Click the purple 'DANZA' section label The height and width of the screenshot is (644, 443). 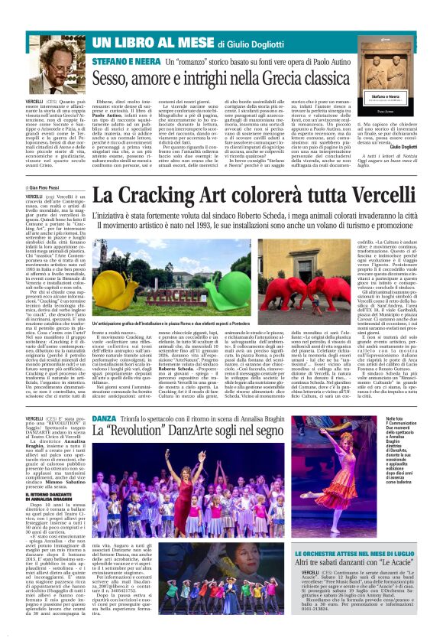pyautogui.click(x=105, y=419)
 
